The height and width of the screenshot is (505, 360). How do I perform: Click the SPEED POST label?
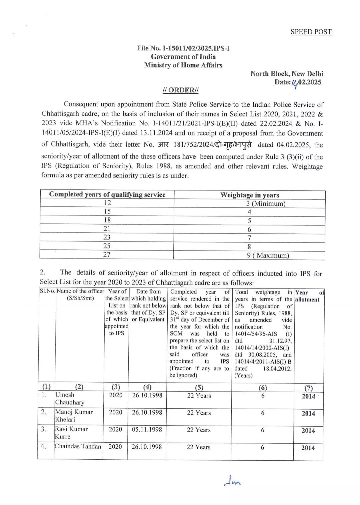[x=311, y=32]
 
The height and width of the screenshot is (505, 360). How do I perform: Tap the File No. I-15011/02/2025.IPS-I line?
[x=183, y=48]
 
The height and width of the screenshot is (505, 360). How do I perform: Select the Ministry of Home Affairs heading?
[x=183, y=65]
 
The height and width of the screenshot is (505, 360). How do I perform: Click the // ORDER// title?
[x=180, y=90]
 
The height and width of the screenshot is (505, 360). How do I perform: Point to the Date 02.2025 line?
[x=298, y=82]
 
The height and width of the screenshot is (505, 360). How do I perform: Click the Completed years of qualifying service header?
[x=107, y=194]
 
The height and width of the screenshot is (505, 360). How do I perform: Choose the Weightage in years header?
[x=249, y=195]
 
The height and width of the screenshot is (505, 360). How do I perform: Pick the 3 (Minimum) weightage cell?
[x=266, y=204]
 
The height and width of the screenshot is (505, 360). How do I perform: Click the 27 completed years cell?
[x=107, y=255]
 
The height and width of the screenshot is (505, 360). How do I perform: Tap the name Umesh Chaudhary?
[x=69, y=399]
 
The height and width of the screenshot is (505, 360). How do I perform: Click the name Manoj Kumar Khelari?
[x=73, y=416]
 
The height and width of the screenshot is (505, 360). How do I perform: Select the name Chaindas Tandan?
[x=78, y=446]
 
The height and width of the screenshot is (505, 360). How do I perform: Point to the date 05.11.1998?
[x=147, y=430]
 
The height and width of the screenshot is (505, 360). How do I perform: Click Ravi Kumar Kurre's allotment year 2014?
[x=308, y=431]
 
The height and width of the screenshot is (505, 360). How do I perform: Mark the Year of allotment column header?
[x=309, y=296]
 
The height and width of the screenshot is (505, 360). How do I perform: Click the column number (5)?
[x=199, y=387]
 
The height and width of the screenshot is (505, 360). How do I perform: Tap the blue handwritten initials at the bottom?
[x=232, y=482]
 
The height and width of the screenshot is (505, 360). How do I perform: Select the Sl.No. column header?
[x=47, y=291]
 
